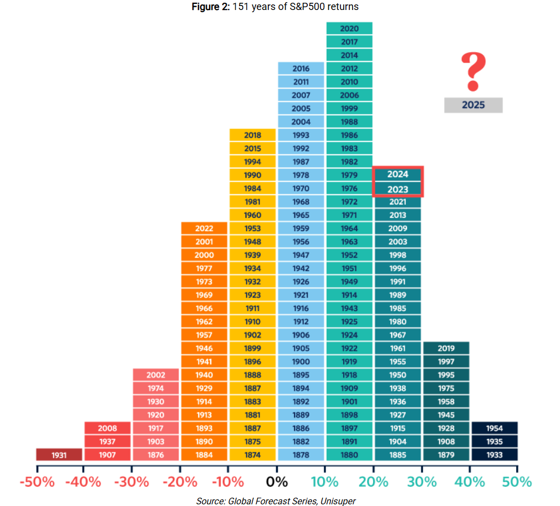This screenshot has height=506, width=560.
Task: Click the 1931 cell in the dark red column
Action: click(x=59, y=455)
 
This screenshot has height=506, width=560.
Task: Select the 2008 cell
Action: click(x=108, y=428)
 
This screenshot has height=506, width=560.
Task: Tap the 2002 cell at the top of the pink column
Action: click(x=156, y=375)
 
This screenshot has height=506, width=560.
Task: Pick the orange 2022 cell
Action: click(x=204, y=228)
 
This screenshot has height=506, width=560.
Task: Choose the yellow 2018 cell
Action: click(x=252, y=135)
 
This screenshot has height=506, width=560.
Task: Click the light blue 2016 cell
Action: click(x=301, y=69)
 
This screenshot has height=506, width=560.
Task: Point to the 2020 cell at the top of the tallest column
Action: click(x=349, y=29)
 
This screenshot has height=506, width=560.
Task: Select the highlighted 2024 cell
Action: click(x=398, y=174)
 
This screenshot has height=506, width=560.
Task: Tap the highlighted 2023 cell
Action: click(x=398, y=189)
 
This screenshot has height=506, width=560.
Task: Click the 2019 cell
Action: click(x=446, y=349)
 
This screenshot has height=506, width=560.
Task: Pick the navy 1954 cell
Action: click(x=495, y=428)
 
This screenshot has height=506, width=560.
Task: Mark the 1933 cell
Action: click(x=495, y=455)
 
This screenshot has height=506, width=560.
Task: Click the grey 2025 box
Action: click(x=473, y=105)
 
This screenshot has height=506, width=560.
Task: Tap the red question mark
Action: click(x=473, y=71)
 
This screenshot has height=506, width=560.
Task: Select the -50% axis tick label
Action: click(x=37, y=482)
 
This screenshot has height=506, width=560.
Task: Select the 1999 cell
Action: click(x=349, y=109)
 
